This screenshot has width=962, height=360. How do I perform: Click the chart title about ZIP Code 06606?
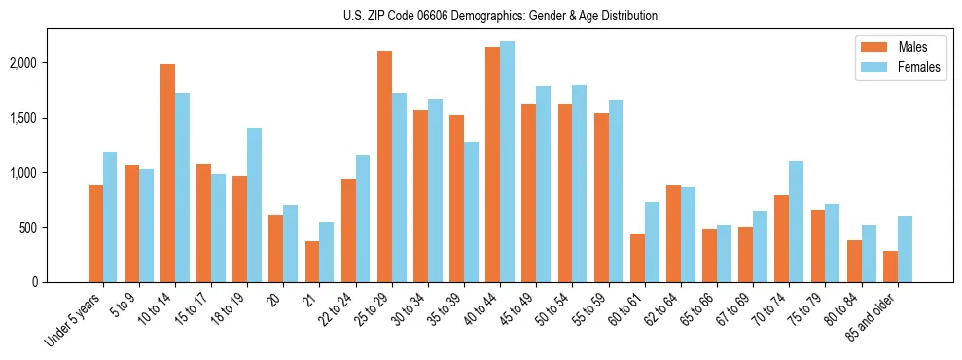500,16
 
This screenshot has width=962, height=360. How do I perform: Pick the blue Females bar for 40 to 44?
507,162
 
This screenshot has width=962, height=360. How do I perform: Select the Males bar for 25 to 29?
384,166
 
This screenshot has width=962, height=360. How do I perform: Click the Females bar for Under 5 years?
111,217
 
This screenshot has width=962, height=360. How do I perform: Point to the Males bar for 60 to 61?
637,258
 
